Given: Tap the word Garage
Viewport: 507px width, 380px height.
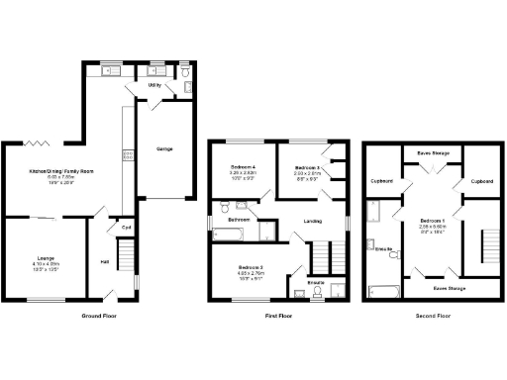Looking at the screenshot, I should [164, 149].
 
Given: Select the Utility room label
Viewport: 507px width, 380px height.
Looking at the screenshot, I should [153, 86].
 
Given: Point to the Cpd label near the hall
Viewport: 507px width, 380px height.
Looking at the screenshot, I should [126, 225].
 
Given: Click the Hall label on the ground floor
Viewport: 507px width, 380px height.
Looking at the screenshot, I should [104, 261].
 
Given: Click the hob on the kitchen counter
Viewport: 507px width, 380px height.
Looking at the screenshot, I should [126, 154].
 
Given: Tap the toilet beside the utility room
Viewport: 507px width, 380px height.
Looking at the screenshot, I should [187, 88].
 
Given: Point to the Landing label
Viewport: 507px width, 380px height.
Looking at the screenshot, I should [312, 220].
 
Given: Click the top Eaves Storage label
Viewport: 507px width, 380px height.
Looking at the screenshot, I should [432, 151].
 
